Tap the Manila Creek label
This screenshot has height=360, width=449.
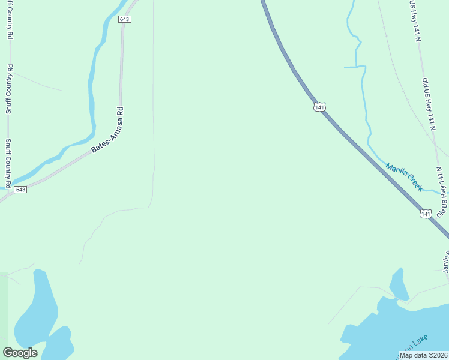pos(404,177)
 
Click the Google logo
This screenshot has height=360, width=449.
pos(20,353)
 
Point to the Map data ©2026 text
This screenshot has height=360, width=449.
pos(423,355)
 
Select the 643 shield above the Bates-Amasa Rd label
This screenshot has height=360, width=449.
pos(124,19)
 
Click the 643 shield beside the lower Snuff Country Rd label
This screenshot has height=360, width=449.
pos(20,190)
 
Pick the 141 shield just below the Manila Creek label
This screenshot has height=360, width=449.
pos(426,214)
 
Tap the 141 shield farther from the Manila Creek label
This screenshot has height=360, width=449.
pos(319,107)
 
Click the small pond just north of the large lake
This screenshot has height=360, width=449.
pos(398,284)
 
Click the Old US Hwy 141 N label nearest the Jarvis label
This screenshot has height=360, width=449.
pos(442,193)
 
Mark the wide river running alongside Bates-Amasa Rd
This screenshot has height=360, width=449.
pos(92,90)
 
